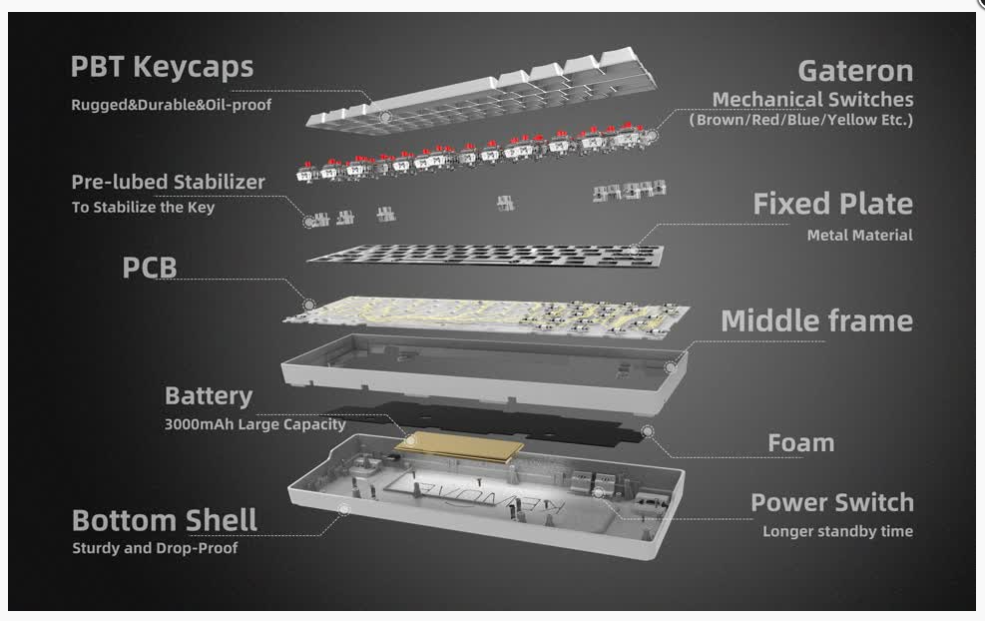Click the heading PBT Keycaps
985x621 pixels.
[x=162, y=68]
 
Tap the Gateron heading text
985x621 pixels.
[x=855, y=71]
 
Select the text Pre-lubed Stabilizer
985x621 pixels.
[x=169, y=183]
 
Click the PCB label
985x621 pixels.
[x=150, y=268]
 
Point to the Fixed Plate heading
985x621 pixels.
[x=833, y=204]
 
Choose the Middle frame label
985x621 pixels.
[x=816, y=320]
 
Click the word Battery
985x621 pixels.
[x=209, y=396]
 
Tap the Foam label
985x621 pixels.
[x=801, y=443]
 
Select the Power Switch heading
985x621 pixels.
[x=832, y=502]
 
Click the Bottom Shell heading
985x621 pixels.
[x=165, y=520]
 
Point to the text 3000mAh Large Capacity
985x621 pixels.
[x=255, y=425]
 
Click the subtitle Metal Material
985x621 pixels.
[x=860, y=235]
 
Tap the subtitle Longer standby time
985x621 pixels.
[x=838, y=532]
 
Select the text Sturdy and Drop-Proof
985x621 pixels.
[x=155, y=548]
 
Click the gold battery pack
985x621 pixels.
[x=460, y=447]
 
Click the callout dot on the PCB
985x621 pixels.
[x=309, y=305]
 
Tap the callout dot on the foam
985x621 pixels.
[x=647, y=431]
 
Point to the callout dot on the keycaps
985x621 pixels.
[x=385, y=117]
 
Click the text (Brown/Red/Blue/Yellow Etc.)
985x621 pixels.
[x=801, y=120]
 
